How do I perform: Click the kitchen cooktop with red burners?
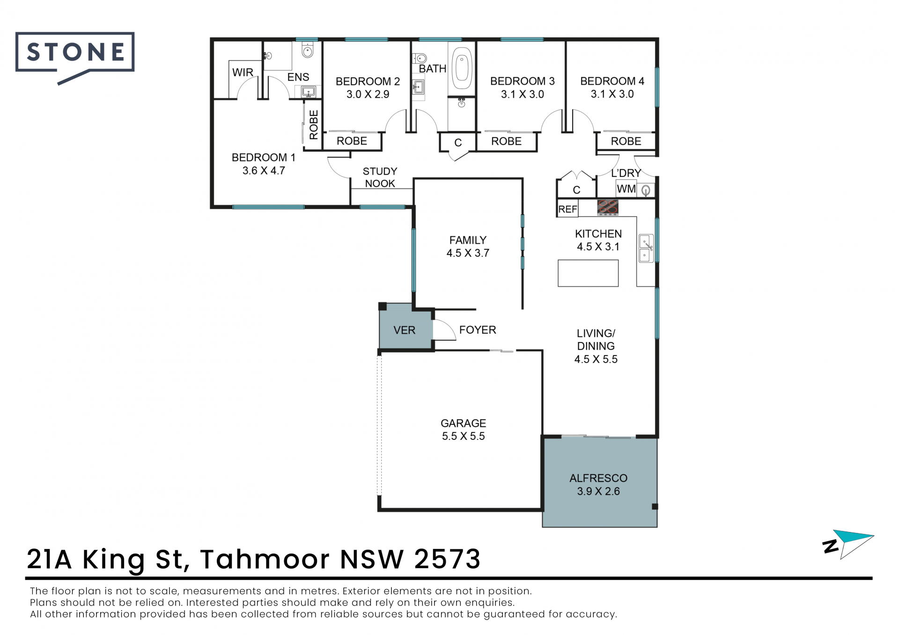tap(608, 207)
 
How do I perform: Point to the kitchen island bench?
tap(588, 273)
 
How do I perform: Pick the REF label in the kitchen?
tap(567, 209)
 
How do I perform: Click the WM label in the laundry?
tap(626, 189)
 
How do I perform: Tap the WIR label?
tap(243, 73)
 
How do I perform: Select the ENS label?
tap(298, 77)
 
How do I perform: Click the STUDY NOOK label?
tap(380, 177)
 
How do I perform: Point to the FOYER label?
tap(478, 330)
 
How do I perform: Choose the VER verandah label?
tap(405, 330)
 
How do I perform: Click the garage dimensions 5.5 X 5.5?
tap(464, 436)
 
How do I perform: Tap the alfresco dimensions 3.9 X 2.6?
tap(598, 491)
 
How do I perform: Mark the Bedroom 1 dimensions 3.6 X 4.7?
tap(264, 171)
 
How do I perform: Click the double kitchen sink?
tap(646, 248)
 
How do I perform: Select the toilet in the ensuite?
tap(307, 50)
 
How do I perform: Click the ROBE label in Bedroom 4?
tap(626, 141)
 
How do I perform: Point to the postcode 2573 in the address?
tap(447, 559)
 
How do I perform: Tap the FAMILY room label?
tap(468, 241)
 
